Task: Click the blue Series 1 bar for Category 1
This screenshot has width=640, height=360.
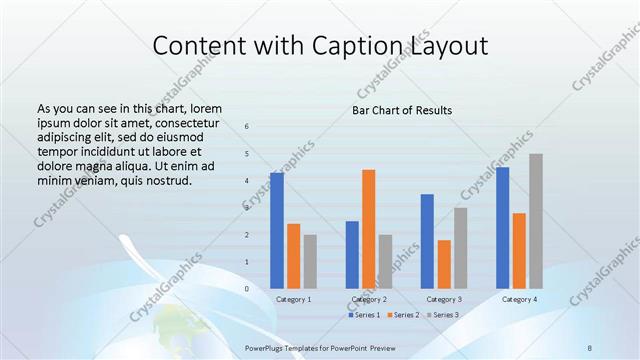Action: pyautogui.click(x=276, y=231)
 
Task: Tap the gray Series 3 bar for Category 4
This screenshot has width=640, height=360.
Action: pyautogui.click(x=536, y=221)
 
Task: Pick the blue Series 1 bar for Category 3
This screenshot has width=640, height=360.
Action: pyautogui.click(x=427, y=241)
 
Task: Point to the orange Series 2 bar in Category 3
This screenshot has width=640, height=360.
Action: pyautogui.click(x=444, y=264)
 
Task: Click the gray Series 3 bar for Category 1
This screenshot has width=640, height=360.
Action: pyautogui.click(x=310, y=262)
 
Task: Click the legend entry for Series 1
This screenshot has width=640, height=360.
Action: pyautogui.click(x=364, y=315)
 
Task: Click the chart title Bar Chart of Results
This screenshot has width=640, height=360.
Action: pyautogui.click(x=402, y=110)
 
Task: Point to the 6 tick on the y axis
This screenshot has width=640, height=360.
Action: pyautogui.click(x=247, y=126)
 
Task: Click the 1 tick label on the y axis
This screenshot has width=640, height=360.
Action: pyautogui.click(x=247, y=262)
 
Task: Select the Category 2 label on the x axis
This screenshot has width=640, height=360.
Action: pyautogui.click(x=369, y=299)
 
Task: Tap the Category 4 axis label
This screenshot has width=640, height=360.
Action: pyautogui.click(x=519, y=299)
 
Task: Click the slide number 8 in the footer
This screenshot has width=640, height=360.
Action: pyautogui.click(x=590, y=348)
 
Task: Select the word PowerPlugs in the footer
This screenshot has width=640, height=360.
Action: pyautogui.click(x=266, y=348)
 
